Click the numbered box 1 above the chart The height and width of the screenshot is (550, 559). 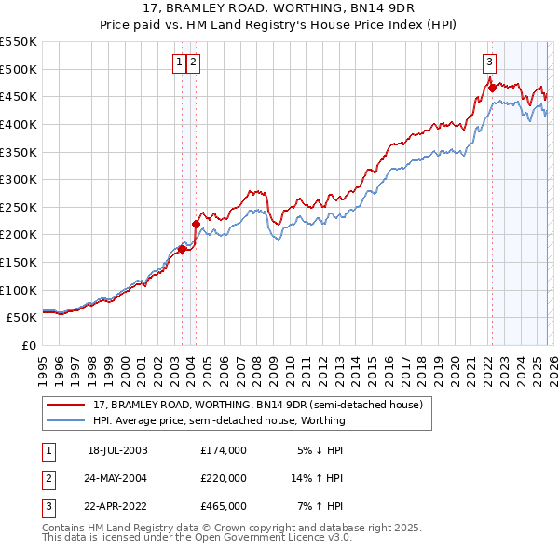click(178, 62)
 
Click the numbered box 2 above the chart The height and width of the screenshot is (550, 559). click(193, 62)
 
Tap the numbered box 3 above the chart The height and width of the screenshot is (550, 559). click(489, 62)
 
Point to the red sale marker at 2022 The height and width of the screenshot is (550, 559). click(490, 89)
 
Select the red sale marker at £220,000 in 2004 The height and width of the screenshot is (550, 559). click(196, 224)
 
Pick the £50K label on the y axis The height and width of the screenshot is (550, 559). click(22, 317)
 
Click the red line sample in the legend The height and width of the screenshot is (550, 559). click(67, 406)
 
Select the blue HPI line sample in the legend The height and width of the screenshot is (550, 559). click(67, 420)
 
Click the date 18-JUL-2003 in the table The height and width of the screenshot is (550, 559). click(117, 450)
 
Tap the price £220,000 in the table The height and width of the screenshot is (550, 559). click(223, 479)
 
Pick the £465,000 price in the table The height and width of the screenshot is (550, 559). click(223, 507)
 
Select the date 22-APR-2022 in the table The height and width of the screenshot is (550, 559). click(117, 507)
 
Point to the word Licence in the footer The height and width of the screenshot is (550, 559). click(293, 537)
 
